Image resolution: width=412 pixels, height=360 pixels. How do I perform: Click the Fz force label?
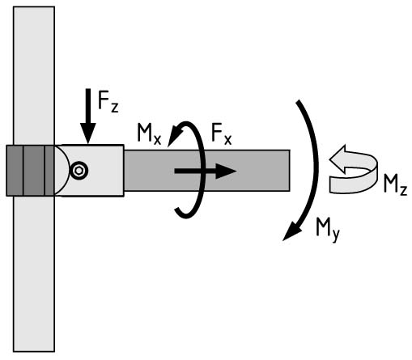[108, 101]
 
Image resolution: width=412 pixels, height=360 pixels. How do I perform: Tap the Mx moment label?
[149, 133]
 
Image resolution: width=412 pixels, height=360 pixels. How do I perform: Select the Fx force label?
[222, 134]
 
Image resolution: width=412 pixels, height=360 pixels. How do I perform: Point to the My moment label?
[328, 230]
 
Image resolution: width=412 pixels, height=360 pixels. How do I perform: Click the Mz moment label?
[395, 184]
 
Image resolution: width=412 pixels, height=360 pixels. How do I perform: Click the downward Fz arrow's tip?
[88, 143]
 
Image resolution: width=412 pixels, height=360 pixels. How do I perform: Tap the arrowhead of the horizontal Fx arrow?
[236, 171]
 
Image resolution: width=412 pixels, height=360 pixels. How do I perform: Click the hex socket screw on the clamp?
[79, 171]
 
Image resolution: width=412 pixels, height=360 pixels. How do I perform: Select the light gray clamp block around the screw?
[89, 171]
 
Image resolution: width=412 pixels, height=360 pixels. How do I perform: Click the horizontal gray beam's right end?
[289, 171]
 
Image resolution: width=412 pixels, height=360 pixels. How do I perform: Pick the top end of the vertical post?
[34, 7]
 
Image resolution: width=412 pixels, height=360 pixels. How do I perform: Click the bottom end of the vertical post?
[34, 350]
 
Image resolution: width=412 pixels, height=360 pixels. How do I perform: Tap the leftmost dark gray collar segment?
[15, 171]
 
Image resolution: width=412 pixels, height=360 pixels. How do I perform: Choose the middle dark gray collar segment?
[34, 171]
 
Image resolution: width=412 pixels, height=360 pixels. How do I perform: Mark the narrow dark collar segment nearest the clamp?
[49, 171]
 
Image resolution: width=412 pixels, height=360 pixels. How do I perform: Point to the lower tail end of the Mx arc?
[176, 210]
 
